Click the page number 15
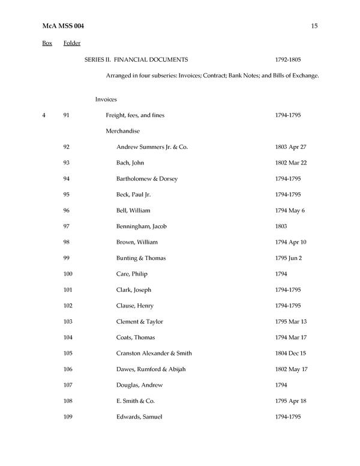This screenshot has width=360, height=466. pos(314,25)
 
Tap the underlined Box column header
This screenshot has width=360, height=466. pos(47,43)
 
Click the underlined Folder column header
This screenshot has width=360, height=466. pos(72,43)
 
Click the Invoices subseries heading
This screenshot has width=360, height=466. pos(106,99)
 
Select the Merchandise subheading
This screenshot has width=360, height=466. pos(122,131)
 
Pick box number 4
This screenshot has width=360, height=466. pos(44,115)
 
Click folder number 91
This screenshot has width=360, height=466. pos(67,115)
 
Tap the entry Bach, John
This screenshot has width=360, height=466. pos(130,163)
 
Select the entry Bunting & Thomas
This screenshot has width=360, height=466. pos(140,258)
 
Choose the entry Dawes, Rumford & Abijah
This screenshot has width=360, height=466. pos(153,369)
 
